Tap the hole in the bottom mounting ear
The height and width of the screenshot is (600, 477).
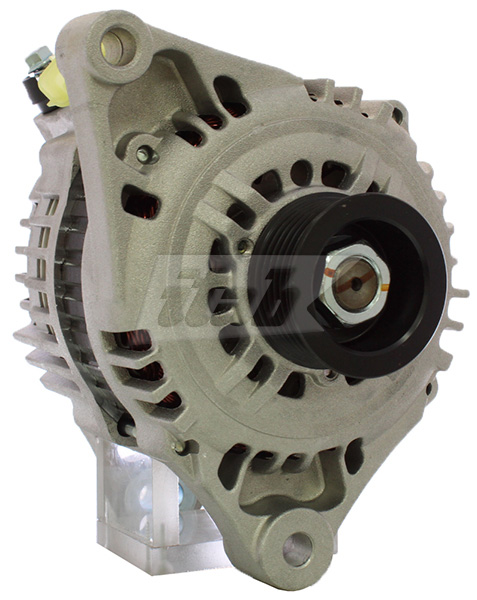coord(297,547)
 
